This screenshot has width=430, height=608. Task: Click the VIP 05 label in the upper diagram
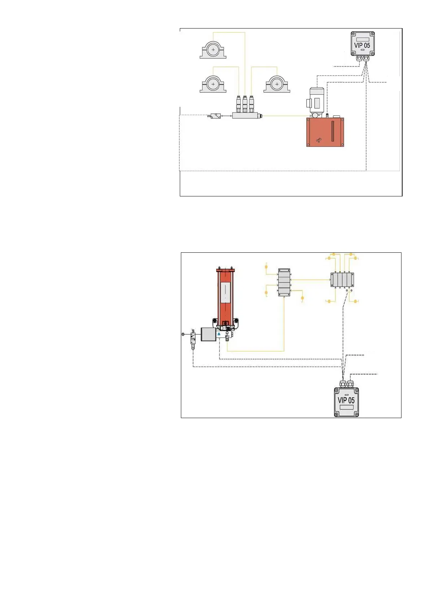[x=362, y=45]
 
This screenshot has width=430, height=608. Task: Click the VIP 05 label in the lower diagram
[x=346, y=400]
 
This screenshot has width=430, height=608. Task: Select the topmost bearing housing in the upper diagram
[x=213, y=50]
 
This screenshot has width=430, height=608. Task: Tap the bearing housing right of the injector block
[x=277, y=84]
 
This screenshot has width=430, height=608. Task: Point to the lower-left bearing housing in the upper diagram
[x=213, y=84]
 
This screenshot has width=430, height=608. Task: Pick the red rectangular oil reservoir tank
[x=325, y=132]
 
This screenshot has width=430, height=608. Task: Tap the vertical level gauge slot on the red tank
[x=332, y=131]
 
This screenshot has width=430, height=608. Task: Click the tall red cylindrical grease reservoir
[x=225, y=296]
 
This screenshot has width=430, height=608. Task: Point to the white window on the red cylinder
[x=225, y=292]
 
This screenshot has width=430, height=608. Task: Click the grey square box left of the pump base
[x=208, y=334]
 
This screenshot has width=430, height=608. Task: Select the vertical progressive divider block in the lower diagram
[x=284, y=283]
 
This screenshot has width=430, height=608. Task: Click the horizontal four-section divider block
[x=342, y=280]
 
